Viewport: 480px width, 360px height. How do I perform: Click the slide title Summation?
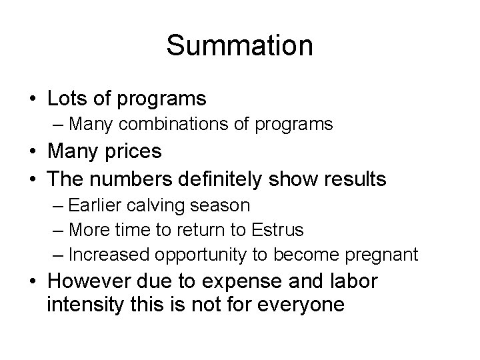[239, 46]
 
